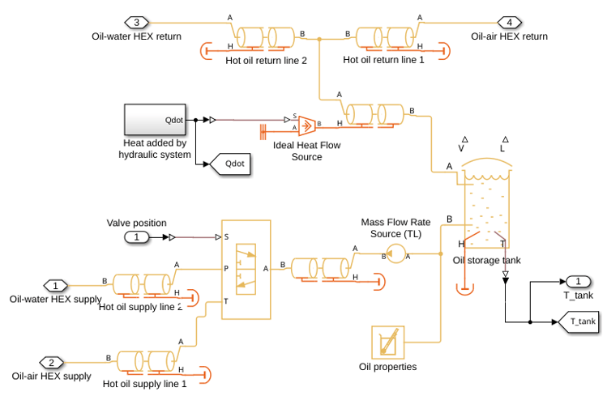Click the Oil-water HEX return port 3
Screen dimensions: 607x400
(x=136, y=23)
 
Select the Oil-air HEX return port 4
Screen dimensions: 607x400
(x=510, y=23)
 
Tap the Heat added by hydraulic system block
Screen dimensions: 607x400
(x=155, y=120)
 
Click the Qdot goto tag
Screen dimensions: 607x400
(x=229, y=164)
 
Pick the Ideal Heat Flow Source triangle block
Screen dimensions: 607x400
(x=307, y=126)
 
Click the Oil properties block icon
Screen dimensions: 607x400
(x=388, y=343)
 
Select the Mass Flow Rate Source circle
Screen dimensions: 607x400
(x=395, y=253)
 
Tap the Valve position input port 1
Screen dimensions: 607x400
(x=136, y=236)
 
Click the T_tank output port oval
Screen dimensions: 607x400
(x=578, y=282)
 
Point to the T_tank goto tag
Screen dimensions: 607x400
(x=579, y=321)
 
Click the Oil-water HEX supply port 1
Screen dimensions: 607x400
(x=55, y=286)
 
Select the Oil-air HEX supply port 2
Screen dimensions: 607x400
(x=52, y=363)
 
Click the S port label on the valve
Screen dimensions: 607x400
(x=226, y=236)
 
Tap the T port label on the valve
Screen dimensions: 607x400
(x=226, y=301)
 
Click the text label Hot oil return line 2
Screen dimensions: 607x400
(x=267, y=61)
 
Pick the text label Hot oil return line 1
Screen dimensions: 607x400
(x=383, y=60)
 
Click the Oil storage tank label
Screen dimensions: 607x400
(x=486, y=261)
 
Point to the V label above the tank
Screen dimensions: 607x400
(x=461, y=148)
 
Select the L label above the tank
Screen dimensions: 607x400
(x=502, y=148)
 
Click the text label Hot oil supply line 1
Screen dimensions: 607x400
(x=145, y=384)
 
